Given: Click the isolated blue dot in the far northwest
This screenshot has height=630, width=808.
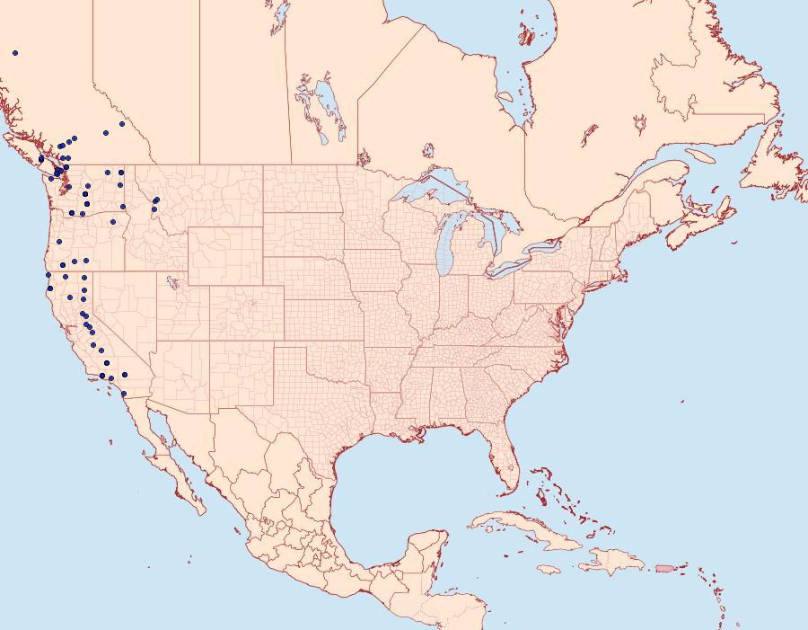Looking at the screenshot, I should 15,53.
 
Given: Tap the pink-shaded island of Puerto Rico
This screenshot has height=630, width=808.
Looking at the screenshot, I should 664,567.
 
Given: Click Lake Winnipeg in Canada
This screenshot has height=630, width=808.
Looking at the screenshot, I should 331,112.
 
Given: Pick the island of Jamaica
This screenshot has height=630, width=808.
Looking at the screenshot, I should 550,569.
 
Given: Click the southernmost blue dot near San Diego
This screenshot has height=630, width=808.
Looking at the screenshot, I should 123,393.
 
